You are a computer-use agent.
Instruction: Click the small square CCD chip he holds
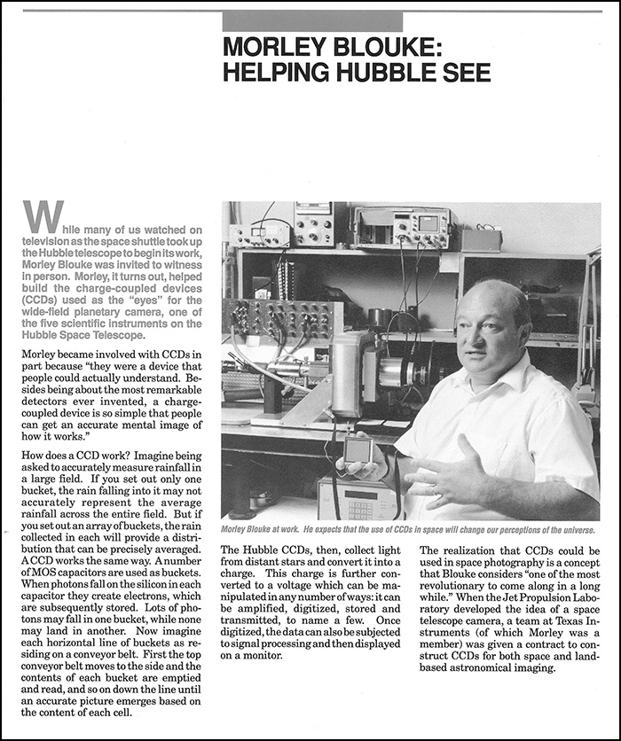[358, 450]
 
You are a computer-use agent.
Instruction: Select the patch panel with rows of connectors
[280, 320]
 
